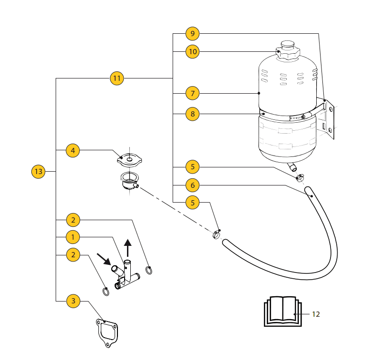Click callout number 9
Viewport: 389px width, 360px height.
point(193,34)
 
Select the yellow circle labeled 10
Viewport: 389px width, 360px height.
point(193,51)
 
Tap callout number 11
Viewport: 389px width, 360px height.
point(117,78)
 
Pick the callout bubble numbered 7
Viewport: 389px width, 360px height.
point(193,93)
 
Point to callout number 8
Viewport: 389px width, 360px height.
point(193,114)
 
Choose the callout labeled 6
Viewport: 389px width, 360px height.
point(193,185)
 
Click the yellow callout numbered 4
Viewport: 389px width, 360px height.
point(73,151)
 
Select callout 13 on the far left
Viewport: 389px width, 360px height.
point(39,171)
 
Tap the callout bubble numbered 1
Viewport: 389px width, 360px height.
point(73,237)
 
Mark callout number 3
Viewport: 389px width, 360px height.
point(73,301)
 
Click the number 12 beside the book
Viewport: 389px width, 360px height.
point(316,314)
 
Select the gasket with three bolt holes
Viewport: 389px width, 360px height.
point(107,332)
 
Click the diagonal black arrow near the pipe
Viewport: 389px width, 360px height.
point(103,259)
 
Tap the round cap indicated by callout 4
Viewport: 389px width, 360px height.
point(128,158)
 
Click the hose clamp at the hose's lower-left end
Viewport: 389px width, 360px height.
point(216,234)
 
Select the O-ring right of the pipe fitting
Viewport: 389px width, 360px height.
point(149,270)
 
